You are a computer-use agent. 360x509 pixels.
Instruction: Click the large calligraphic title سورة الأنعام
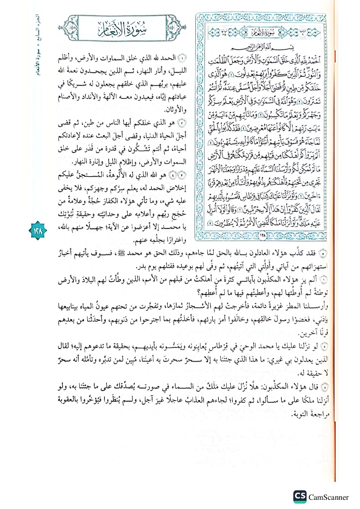(122, 29)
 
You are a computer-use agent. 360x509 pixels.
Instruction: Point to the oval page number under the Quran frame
(263, 235)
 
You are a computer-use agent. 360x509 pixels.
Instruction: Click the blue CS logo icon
(300, 496)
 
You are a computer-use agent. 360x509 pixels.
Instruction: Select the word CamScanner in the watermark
(328, 497)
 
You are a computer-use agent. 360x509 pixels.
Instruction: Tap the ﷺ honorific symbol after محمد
(121, 253)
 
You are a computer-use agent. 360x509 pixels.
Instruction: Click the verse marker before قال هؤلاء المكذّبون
(325, 387)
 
